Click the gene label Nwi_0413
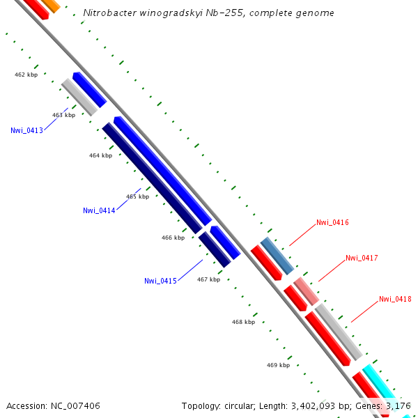[x=26, y=130]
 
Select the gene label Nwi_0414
[x=99, y=210]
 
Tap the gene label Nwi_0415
[x=160, y=281]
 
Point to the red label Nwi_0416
[x=332, y=223]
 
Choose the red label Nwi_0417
[x=362, y=258]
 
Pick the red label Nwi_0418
[x=395, y=299]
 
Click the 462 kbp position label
[x=26, y=75]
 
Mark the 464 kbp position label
[x=100, y=155]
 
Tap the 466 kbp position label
[x=173, y=238]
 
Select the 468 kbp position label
[x=243, y=322]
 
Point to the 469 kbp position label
[x=278, y=365]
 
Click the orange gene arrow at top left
[x=49, y=6]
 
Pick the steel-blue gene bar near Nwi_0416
[x=277, y=256]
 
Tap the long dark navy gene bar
[x=151, y=178]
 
